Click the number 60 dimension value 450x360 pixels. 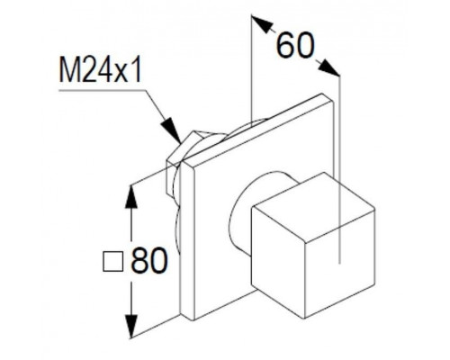(x=296, y=45)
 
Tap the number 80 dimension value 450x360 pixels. (x=148, y=260)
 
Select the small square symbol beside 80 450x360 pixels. (x=112, y=262)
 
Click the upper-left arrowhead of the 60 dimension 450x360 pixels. (x=262, y=24)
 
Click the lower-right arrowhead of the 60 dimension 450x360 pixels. (x=329, y=67)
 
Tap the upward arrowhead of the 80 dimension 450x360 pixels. (x=130, y=196)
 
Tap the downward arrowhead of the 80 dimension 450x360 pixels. (x=131, y=327)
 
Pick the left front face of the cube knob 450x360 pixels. (x=278, y=262)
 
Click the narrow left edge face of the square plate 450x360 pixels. (x=187, y=240)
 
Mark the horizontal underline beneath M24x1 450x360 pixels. (x=103, y=90)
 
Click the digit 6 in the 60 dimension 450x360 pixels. (x=286, y=45)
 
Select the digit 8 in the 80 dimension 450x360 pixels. (x=139, y=260)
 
